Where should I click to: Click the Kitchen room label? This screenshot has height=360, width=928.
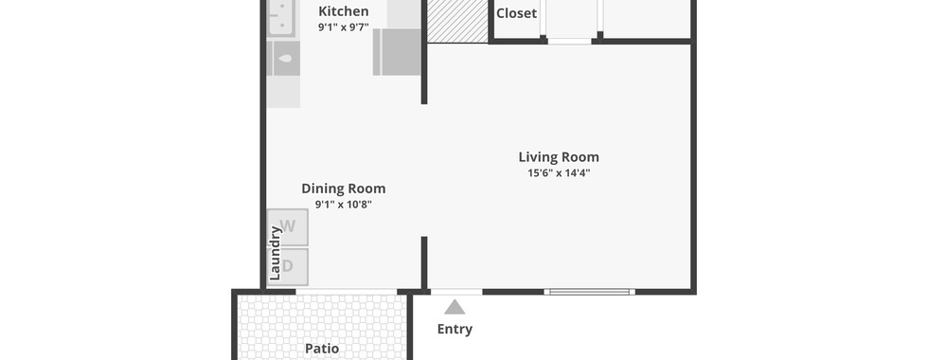tap(343, 11)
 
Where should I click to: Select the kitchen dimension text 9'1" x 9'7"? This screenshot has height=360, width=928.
tap(343, 27)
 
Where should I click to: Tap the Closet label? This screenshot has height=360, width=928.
tap(516, 13)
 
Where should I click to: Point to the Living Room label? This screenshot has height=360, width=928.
tap(559, 157)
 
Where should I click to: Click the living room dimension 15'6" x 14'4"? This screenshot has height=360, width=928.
tap(560, 172)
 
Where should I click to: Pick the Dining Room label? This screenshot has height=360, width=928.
tap(343, 189)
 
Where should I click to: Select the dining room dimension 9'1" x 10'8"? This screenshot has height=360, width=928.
tap(343, 205)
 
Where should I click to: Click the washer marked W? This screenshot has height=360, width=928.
tap(288, 226)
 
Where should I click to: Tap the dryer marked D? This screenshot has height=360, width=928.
tap(288, 266)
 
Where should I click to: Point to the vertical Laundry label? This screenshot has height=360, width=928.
tap(275, 254)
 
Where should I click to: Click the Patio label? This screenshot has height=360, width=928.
tap(322, 349)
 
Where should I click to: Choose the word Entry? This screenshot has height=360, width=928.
tap(455, 330)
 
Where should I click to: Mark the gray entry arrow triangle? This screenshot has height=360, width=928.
tap(455, 307)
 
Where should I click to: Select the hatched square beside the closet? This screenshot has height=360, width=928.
tap(457, 21)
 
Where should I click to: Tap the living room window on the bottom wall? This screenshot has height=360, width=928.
tap(589, 292)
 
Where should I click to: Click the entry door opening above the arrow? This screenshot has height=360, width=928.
tap(456, 292)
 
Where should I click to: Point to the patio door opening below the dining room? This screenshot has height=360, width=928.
tap(347, 292)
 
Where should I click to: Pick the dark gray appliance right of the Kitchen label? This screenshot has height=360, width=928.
tap(397, 51)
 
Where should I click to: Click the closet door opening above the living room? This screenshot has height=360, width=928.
tap(569, 41)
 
